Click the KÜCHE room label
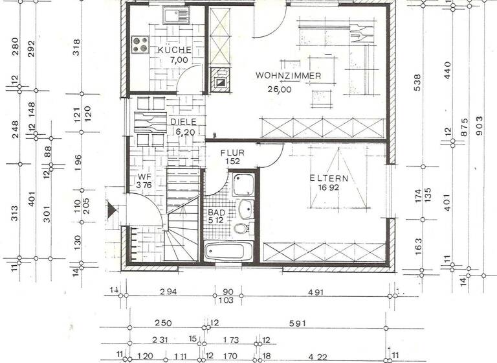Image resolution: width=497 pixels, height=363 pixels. click(174, 50)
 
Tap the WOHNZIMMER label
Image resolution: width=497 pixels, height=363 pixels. click(288, 76)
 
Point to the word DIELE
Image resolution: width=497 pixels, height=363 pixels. click(184, 121)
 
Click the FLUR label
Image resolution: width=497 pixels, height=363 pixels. click(231, 154)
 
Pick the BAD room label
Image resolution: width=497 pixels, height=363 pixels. click(216, 212)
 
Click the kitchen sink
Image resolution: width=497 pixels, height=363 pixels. click(173, 15)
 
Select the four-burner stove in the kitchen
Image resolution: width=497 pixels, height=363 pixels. click(140, 44)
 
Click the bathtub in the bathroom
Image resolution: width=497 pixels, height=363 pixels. click(228, 252)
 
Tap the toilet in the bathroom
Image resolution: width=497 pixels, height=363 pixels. click(240, 228)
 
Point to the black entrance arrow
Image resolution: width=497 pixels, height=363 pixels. click(111, 209)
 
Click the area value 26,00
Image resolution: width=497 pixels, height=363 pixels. click(280, 89)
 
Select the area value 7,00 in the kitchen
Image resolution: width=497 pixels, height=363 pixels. click(179, 60)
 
